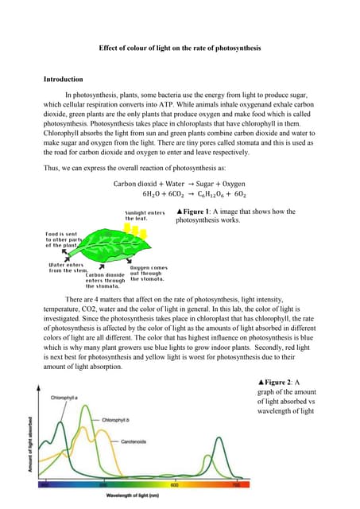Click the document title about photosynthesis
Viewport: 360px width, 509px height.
[x=180, y=49]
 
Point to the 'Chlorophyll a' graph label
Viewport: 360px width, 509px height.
[x=70, y=397]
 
